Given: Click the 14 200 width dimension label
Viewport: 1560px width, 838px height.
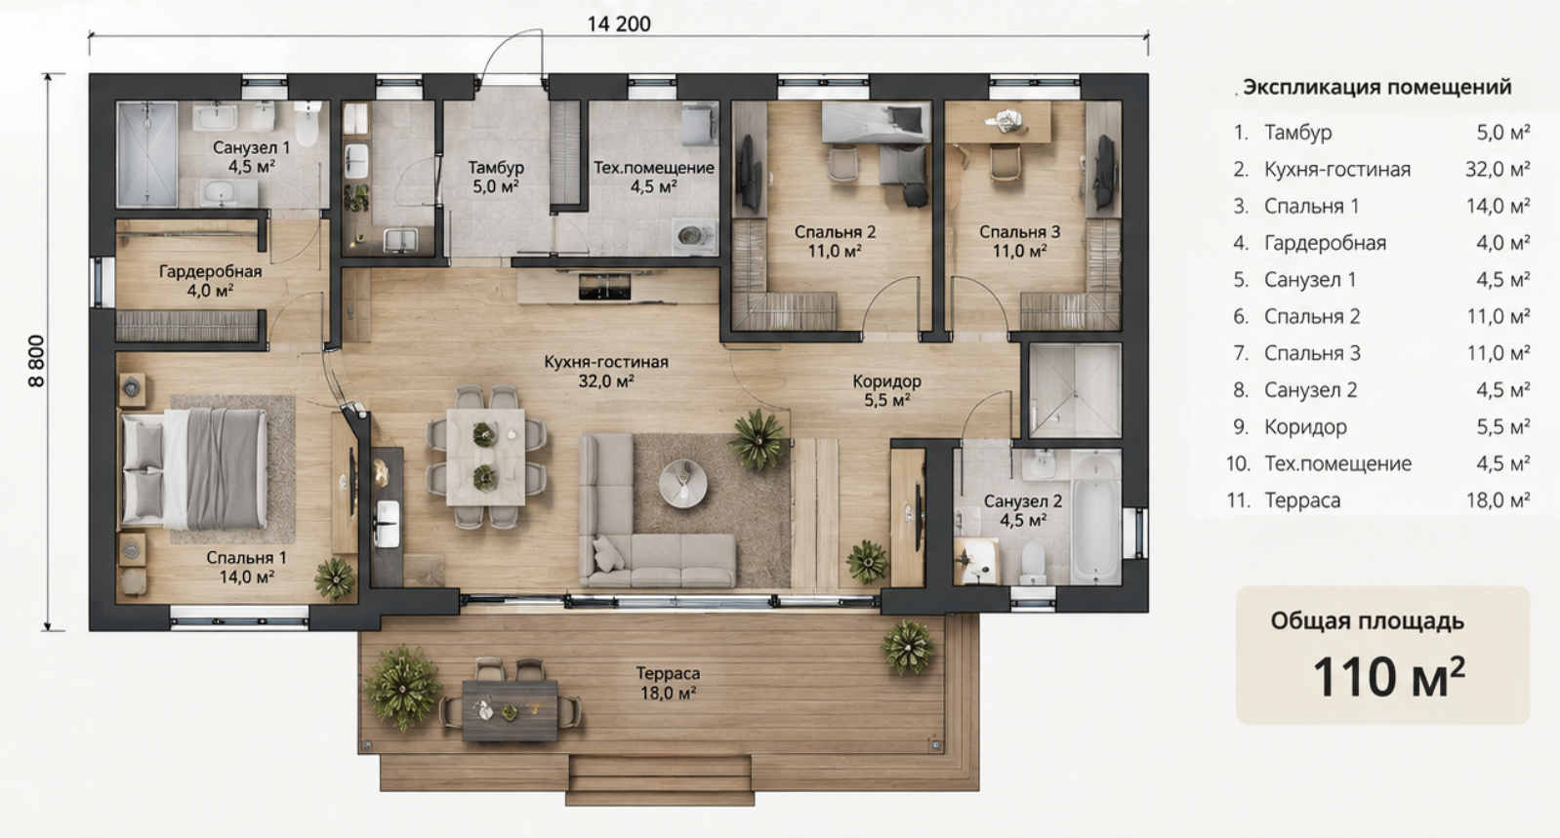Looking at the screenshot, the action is tap(618, 24).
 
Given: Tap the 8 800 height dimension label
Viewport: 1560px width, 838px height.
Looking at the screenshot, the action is tap(36, 361).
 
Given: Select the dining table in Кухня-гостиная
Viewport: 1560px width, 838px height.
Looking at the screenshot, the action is tap(485, 457).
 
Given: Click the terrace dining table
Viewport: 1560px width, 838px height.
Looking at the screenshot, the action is tap(510, 710).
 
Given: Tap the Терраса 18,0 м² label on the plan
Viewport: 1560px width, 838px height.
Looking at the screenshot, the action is tap(668, 683).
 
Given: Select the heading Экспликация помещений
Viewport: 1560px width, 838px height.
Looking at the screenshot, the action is tap(1376, 87).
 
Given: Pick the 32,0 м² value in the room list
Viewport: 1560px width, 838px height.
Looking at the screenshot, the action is tap(1498, 169).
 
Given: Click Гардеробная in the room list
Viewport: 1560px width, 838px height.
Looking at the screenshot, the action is tap(1326, 243).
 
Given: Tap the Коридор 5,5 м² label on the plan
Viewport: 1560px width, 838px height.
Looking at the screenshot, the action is tap(886, 390).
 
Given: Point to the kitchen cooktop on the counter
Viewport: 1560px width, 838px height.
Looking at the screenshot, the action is tap(604, 287).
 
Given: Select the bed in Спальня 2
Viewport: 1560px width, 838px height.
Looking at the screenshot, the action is tap(876, 123).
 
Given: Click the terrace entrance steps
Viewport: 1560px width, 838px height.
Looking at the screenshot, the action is tap(660, 780).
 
